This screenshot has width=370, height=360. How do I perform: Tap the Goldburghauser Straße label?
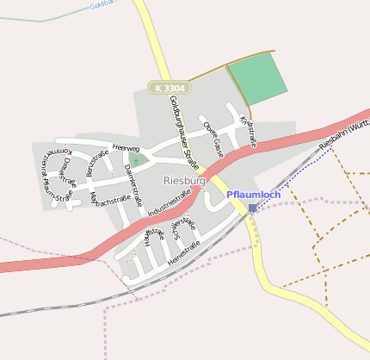[184, 132]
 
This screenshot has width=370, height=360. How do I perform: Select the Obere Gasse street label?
[213, 137]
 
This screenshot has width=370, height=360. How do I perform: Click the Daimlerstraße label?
[133, 179]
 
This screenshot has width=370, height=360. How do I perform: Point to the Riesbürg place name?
[184, 181]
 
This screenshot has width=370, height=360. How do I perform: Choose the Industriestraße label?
[169, 203]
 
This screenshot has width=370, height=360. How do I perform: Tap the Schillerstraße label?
[184, 233]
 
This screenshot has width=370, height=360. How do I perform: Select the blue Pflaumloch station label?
[254, 195]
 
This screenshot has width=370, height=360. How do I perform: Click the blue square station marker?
[252, 208]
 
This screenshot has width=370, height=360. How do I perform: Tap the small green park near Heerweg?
[135, 159]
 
